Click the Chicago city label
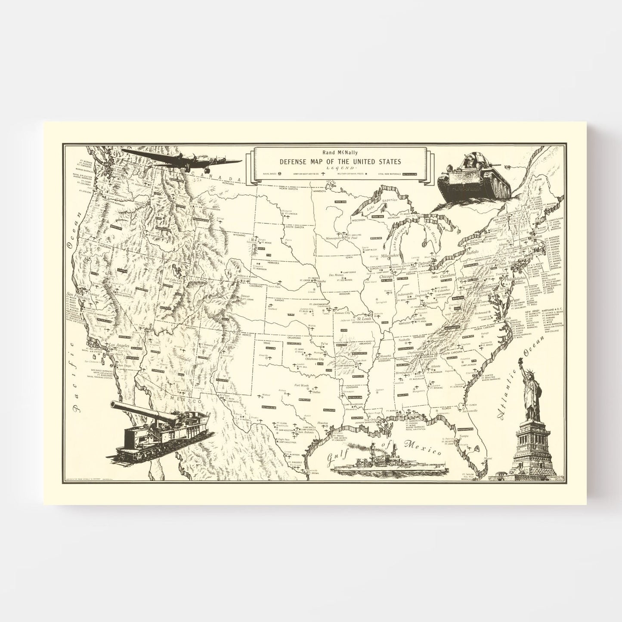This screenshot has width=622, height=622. pos(386,277)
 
